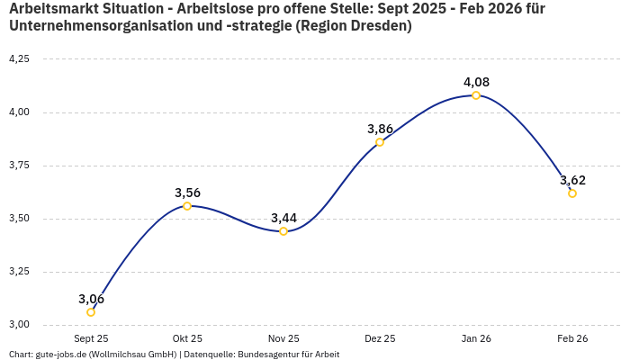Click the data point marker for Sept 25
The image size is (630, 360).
(x=91, y=312)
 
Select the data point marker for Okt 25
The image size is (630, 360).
(x=187, y=206)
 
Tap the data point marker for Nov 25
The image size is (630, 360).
(x=283, y=231)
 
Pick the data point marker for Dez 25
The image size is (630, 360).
(x=380, y=142)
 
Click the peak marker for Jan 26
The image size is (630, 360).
(x=476, y=95)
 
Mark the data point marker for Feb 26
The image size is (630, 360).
(x=572, y=193)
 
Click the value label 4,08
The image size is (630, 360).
(x=476, y=82)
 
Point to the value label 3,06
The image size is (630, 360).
(x=91, y=299)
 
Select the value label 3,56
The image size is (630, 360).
(x=187, y=193)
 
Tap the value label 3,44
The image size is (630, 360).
(x=283, y=218)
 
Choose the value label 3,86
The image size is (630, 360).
(x=380, y=129)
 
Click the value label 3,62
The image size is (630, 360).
(x=572, y=180)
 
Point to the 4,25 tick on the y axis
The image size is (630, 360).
(x=19, y=59)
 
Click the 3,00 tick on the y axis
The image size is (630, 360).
(x=19, y=325)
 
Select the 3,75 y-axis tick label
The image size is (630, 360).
(x=19, y=166)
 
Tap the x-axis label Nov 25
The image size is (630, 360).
(x=283, y=338)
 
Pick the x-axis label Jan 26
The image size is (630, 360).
(x=476, y=338)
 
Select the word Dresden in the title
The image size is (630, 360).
(x=382, y=26)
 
